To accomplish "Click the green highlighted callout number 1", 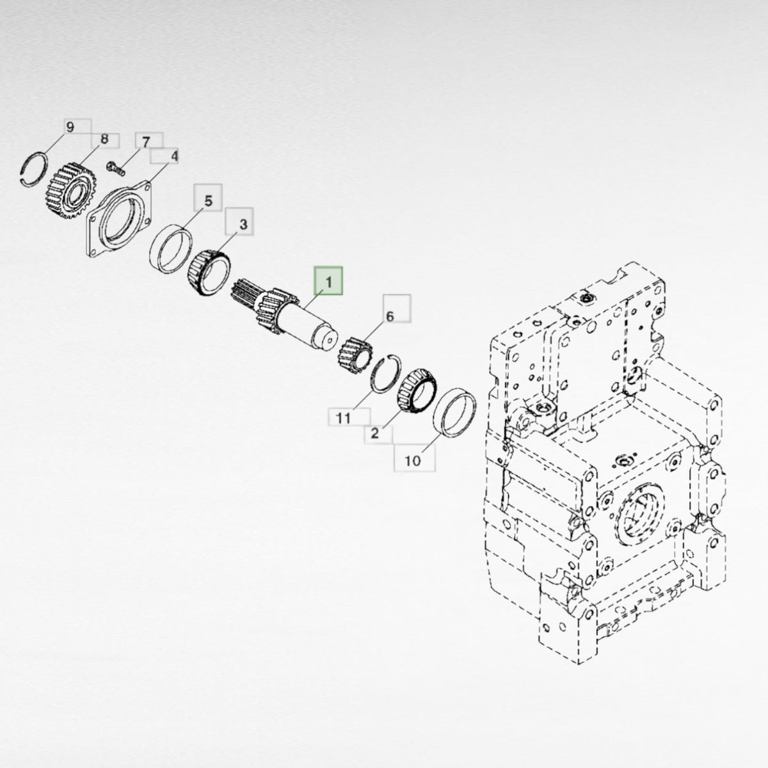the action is (x=328, y=282).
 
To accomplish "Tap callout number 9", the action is (x=70, y=127).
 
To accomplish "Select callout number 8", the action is (x=104, y=139).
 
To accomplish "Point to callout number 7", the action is (x=147, y=141).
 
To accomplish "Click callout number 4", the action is (x=174, y=156).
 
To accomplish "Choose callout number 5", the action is (x=209, y=201).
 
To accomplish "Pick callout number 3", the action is (x=243, y=225).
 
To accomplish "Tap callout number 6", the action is (x=390, y=316).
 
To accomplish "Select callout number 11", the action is (x=344, y=418).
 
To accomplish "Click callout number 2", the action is (x=374, y=433).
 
